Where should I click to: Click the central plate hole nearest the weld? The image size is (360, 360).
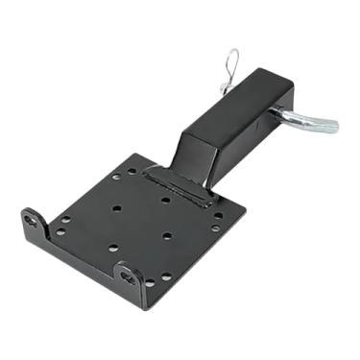coord(165,201)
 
